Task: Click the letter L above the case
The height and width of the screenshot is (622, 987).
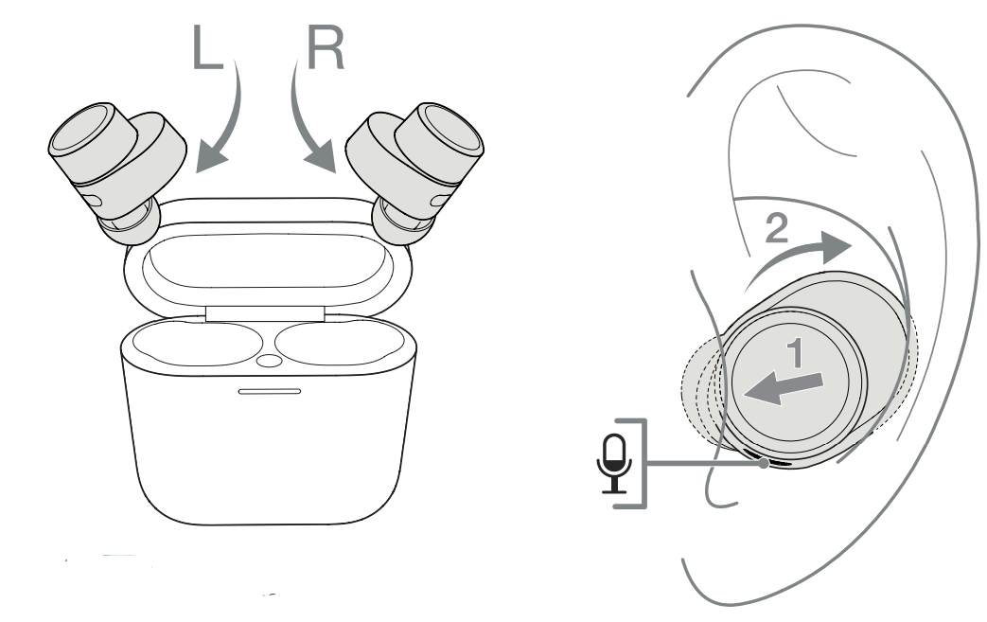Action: click(207, 48)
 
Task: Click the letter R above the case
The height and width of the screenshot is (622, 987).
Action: click(326, 48)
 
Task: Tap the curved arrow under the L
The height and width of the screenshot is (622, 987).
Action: click(226, 119)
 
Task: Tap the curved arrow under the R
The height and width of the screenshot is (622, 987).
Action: click(307, 119)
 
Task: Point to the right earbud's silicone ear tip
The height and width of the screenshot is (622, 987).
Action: click(403, 223)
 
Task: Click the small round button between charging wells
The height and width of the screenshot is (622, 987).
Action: click(270, 361)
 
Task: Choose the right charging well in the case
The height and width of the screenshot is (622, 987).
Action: click(340, 344)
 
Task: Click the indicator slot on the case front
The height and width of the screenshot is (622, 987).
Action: click(270, 392)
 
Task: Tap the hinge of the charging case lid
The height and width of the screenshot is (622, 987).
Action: click(265, 313)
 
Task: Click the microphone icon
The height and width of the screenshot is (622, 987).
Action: click(614, 463)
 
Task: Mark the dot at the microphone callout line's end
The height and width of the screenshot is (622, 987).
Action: click(764, 463)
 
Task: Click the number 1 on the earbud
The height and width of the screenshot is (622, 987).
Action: click(796, 352)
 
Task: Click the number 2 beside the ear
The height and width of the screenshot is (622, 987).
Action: click(776, 228)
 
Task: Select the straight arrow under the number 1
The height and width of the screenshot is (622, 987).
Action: click(783, 388)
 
